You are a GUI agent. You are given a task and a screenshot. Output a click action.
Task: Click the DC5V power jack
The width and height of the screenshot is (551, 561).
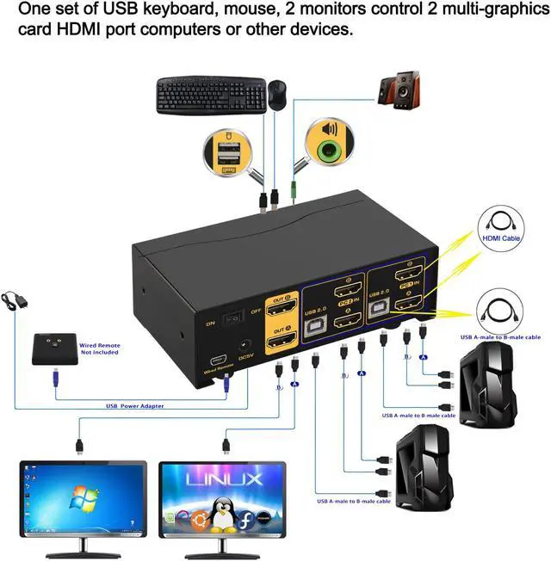tap(245, 345)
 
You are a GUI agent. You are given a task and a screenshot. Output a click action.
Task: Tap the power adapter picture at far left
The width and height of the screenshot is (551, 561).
tap(16, 301)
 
